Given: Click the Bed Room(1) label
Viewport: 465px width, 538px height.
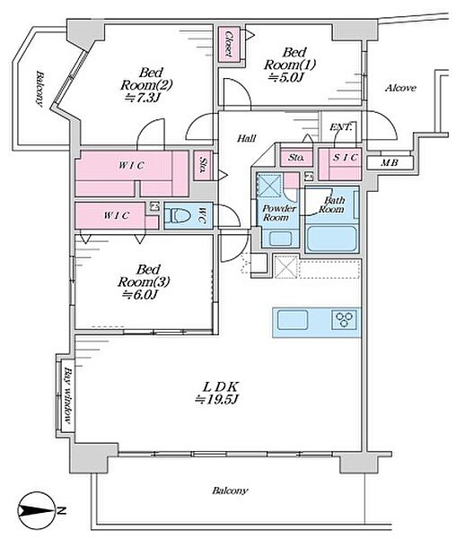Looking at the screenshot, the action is [x=290, y=59].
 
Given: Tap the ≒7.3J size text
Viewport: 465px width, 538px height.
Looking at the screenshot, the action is [x=143, y=98].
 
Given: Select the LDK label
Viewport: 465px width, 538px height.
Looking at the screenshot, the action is [x=220, y=387].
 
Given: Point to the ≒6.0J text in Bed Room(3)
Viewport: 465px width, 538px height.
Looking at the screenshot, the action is [x=140, y=294].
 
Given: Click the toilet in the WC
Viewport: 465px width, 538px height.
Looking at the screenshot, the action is [x=178, y=216].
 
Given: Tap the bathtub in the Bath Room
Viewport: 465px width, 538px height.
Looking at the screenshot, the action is [x=331, y=239].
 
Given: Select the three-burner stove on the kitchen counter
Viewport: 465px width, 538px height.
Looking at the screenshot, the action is [x=345, y=320].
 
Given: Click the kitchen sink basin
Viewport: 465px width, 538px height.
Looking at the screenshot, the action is [x=293, y=320].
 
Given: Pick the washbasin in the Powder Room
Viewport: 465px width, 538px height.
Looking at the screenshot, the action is [x=280, y=239].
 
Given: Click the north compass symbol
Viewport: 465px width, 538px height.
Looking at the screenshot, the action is [x=37, y=510].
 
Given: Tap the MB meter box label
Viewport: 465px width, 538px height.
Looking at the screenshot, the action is [x=390, y=162].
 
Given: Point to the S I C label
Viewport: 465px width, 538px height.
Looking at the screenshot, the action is [x=345, y=158].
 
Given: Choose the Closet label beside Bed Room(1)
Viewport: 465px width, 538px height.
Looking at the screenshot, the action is [x=228, y=44].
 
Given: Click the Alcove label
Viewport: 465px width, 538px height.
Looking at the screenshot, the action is [x=400, y=88].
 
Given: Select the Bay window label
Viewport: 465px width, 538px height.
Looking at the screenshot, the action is [x=68, y=395].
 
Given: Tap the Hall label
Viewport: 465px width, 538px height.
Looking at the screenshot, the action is [x=247, y=138].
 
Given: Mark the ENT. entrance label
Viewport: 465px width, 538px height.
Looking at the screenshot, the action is [x=341, y=127].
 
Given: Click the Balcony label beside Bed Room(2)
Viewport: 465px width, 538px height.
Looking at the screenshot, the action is [x=39, y=89].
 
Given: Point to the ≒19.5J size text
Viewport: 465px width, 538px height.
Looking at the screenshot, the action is [x=216, y=400].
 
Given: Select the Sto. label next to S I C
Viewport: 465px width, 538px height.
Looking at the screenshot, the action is [x=295, y=158].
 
